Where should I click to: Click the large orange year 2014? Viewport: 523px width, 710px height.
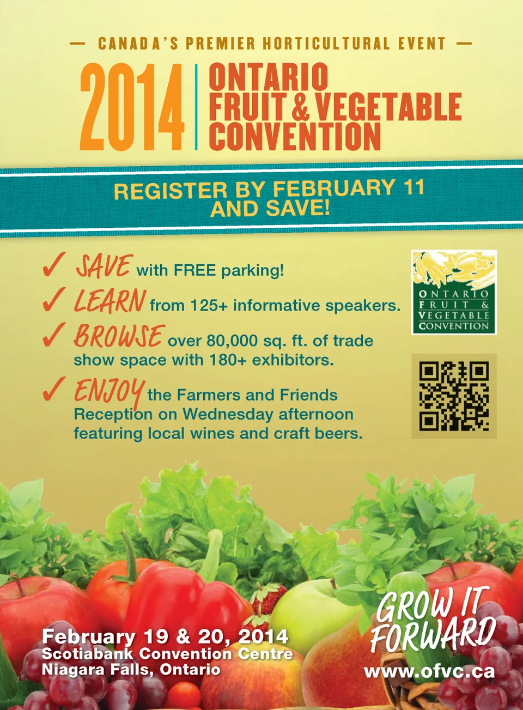pos(132,107)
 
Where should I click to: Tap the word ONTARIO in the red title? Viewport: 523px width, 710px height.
pos(269,76)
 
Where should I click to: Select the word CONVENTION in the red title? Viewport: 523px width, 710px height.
pos(295,136)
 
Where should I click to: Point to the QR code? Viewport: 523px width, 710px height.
pos(454,396)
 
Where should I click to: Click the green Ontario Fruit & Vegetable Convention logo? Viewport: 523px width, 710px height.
pos(454,292)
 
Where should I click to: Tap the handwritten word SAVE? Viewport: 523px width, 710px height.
pos(103,266)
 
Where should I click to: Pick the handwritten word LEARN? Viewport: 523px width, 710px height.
pos(110,301)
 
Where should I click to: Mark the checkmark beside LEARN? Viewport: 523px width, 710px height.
pos(54,299)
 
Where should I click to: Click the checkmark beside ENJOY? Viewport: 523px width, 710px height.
pos(54,389)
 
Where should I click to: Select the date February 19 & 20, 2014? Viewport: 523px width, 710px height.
pos(165,636)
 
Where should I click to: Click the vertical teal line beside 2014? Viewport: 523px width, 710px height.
pos(196,107)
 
